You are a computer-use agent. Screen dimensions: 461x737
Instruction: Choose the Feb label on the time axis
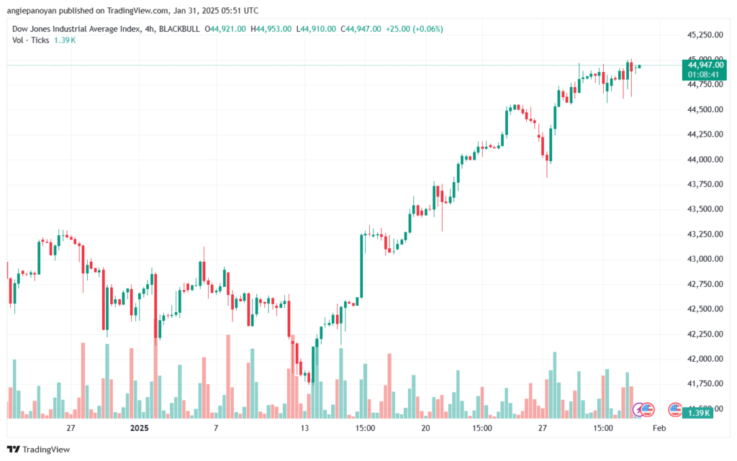[x=658, y=428]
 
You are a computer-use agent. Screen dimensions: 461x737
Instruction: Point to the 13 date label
[x=304, y=428]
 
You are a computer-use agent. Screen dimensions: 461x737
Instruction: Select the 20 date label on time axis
[x=425, y=428]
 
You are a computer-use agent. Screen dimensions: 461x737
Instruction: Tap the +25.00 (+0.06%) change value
[x=415, y=29]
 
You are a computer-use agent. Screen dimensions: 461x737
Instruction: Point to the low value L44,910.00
[x=317, y=29]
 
